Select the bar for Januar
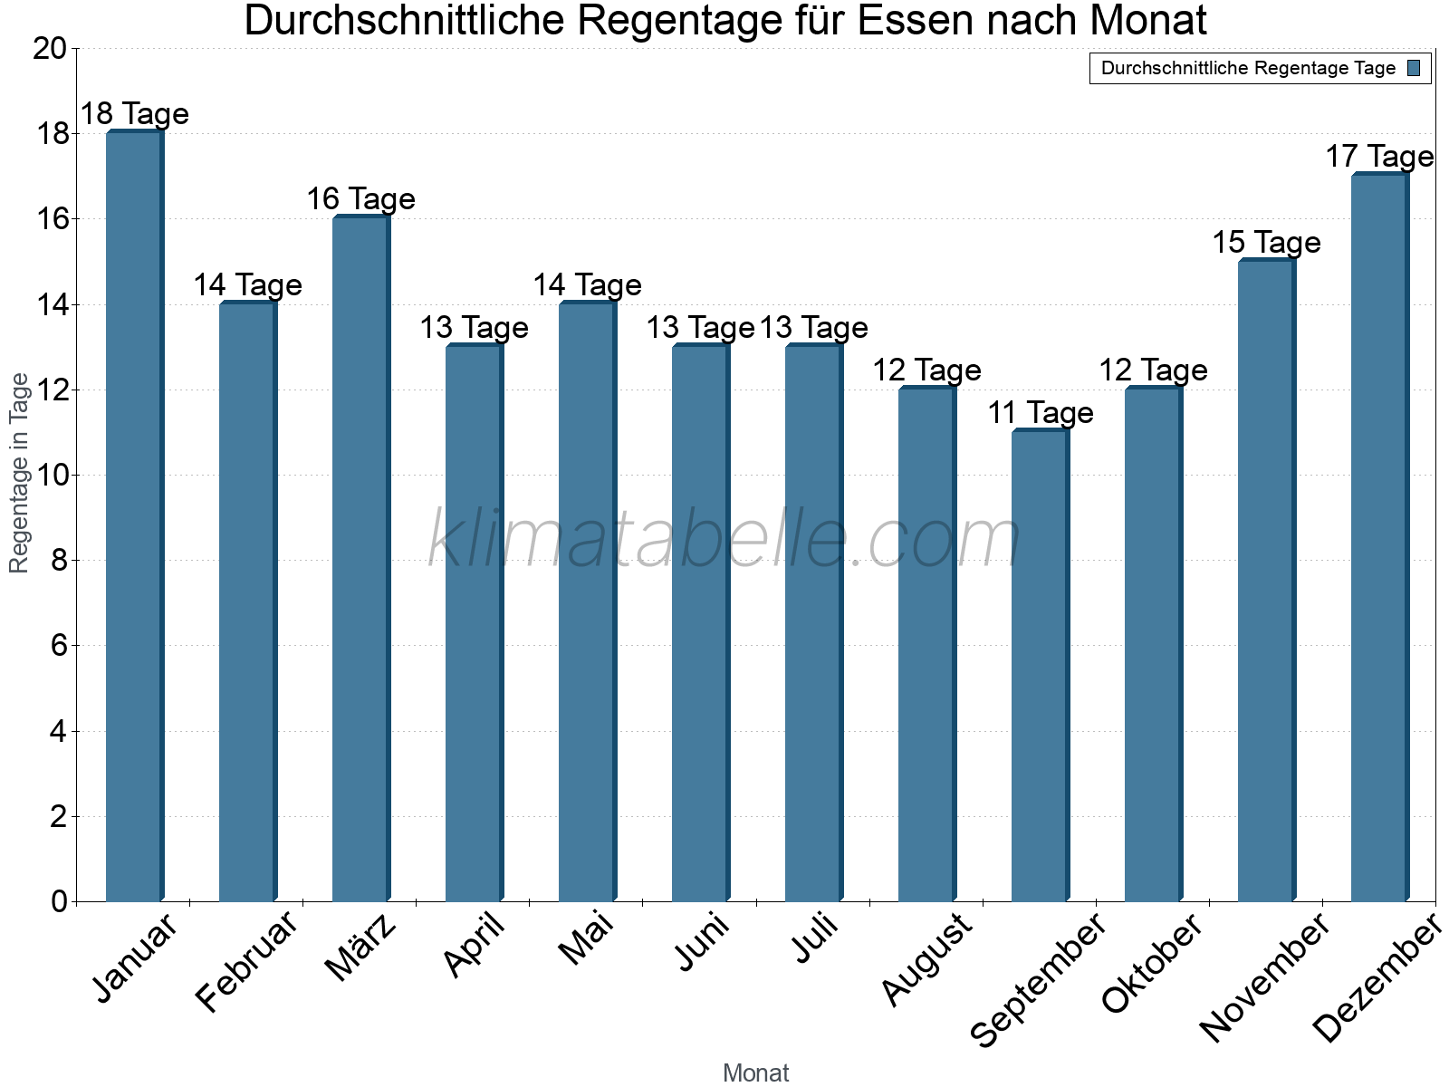135,516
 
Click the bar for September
1041,666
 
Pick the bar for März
361,559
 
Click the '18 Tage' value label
135,114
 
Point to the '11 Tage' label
1041,413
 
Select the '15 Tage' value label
1266,243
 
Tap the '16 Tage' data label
361,199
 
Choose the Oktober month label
1152,964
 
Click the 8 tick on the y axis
59,561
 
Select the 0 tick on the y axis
59,901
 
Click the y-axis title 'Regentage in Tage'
19,473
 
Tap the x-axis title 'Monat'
755,1073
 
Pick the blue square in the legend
1414,68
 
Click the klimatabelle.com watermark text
724,539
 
